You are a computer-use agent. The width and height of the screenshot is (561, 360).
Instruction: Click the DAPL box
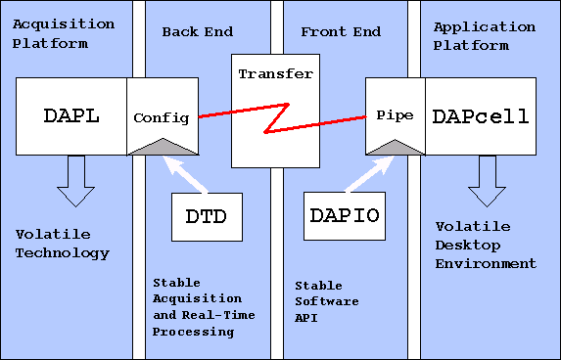click(71, 116)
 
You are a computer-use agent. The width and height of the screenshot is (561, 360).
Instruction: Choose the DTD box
click(206, 216)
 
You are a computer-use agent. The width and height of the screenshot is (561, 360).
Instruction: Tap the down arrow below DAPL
click(72, 181)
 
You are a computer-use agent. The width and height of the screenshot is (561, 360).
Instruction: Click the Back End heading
click(197, 32)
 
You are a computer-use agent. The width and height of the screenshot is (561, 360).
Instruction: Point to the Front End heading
click(338, 32)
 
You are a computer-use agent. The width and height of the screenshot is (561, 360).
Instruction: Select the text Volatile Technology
click(63, 244)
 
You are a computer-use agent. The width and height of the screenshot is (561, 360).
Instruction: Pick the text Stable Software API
click(327, 301)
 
